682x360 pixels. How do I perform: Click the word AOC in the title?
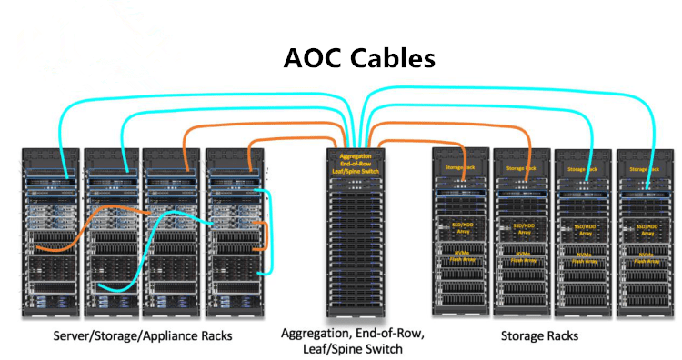[312, 58]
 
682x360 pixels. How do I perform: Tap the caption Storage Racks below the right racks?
[539, 336]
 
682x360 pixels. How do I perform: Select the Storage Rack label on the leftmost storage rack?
[460, 169]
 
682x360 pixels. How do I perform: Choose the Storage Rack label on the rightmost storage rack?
[646, 169]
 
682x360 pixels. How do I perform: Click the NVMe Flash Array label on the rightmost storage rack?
[646, 258]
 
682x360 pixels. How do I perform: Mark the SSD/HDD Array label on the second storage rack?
[522, 227]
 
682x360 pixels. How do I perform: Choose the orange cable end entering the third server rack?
[186, 169]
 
